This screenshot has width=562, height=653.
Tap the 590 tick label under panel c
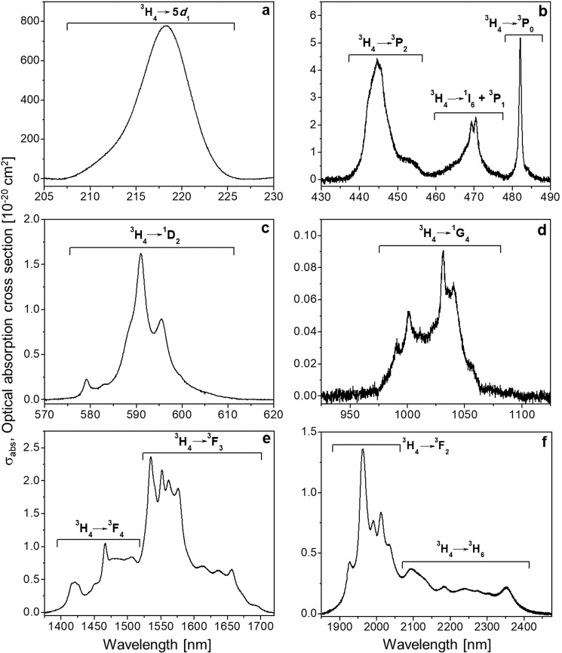tap(137, 413)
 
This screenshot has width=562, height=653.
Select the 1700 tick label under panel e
tap(260, 624)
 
